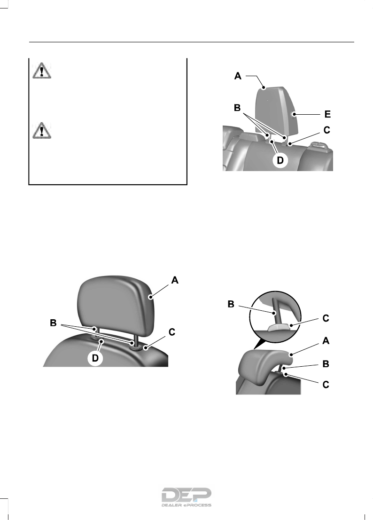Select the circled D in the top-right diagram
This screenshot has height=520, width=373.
pyautogui.click(x=279, y=160)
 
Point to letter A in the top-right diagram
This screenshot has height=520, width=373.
pyautogui.click(x=239, y=75)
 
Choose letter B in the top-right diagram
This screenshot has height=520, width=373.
pyautogui.click(x=238, y=108)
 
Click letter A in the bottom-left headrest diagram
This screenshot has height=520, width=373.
pyautogui.click(x=174, y=280)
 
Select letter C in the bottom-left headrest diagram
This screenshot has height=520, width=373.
pyautogui.click(x=172, y=332)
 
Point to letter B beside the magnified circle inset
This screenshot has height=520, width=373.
pyautogui.click(x=231, y=304)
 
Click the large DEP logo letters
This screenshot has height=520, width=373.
pyautogui.click(x=186, y=495)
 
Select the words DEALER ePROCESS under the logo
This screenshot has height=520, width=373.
pyautogui.click(x=186, y=505)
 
